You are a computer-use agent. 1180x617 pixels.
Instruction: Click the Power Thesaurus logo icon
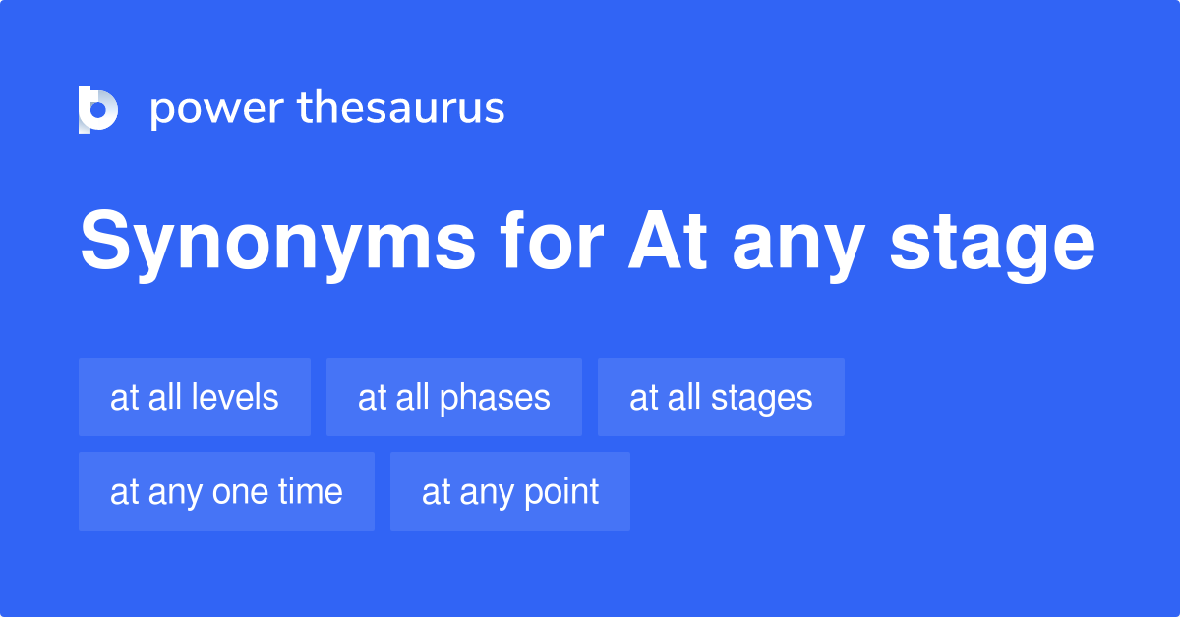pos(98,109)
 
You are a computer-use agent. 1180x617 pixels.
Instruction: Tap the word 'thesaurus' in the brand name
pos(401,109)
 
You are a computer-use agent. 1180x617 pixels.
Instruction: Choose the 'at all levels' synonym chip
pos(195,397)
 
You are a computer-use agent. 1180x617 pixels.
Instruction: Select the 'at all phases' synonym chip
pos(454,397)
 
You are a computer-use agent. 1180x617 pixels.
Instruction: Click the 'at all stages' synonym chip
pos(721,397)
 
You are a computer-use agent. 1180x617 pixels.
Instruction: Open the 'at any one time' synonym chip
pos(226,491)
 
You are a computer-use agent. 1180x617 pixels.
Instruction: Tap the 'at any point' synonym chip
pos(510,491)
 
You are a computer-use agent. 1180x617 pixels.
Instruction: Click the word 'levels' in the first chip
pos(235,397)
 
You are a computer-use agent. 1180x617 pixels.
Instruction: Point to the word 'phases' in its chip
pos(495,398)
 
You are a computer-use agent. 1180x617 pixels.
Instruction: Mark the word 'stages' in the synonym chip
pos(762,398)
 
